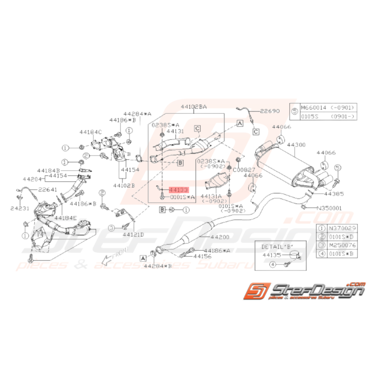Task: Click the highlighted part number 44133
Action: pos(178,190)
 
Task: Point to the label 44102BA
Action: pos(194,107)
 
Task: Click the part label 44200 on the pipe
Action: pos(220,237)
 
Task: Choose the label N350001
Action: pos(329,207)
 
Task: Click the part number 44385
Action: pos(333,194)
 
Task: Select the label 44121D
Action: pos(133,234)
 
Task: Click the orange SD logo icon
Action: pos(258,292)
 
